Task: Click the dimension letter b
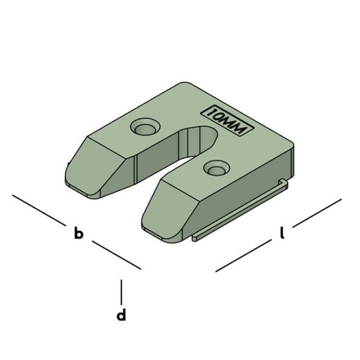[78, 234]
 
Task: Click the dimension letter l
[282, 232]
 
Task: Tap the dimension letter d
[122, 315]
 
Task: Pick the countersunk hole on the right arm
[216, 168]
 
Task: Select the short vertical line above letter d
[122, 292]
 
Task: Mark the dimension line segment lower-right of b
[116, 255]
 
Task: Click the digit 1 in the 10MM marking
[212, 113]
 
